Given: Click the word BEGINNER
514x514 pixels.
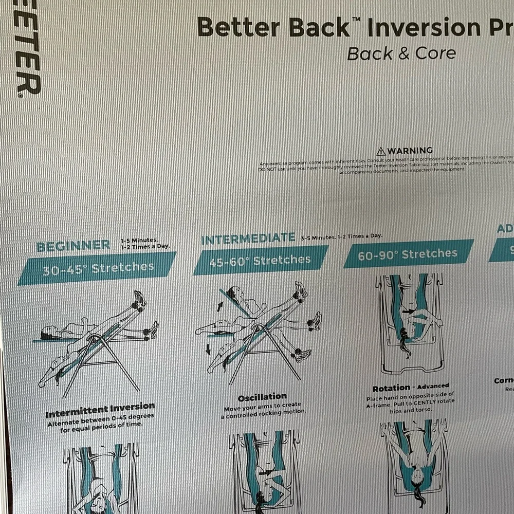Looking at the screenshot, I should pyautogui.click(x=73, y=246).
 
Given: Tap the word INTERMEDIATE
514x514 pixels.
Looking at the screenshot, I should pyautogui.click(x=248, y=238).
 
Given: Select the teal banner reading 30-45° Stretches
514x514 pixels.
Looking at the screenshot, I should pyautogui.click(x=97, y=268).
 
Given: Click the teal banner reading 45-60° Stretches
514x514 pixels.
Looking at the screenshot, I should pyautogui.click(x=261, y=260).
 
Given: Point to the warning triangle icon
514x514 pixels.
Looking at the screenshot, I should pyautogui.click(x=381, y=151).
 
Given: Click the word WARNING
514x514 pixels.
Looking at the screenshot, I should pyautogui.click(x=410, y=151).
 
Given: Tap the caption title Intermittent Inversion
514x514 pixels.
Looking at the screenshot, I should pyautogui.click(x=100, y=411).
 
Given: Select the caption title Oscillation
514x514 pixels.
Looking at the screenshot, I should pyautogui.click(x=262, y=397).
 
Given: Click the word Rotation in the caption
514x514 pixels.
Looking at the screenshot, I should pyautogui.click(x=391, y=388).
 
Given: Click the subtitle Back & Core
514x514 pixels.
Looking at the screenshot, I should pyautogui.click(x=401, y=53).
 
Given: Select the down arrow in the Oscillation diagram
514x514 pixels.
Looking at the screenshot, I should pyautogui.click(x=208, y=350).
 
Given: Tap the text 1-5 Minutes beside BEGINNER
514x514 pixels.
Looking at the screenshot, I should pyautogui.click(x=139, y=240).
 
